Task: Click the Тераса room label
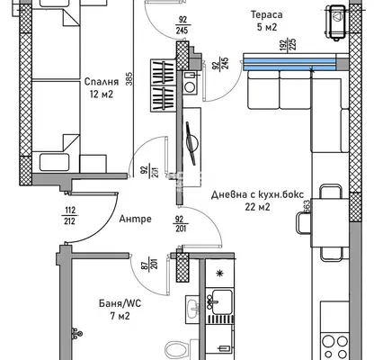(266, 14)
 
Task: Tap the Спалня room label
(102, 82)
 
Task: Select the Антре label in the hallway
(135, 219)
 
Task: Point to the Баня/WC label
(120, 303)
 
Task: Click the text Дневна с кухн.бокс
(257, 194)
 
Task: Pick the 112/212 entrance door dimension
(69, 216)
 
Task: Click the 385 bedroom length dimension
(129, 78)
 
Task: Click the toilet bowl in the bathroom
(177, 350)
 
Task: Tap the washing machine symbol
(190, 84)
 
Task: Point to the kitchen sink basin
(222, 298)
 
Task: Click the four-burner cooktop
(334, 346)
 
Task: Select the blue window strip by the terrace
(289, 64)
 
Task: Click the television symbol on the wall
(191, 143)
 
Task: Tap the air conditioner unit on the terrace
(337, 22)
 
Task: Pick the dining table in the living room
(330, 223)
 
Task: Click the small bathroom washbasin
(192, 309)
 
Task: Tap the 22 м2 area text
(257, 207)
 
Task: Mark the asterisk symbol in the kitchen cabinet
(220, 273)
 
